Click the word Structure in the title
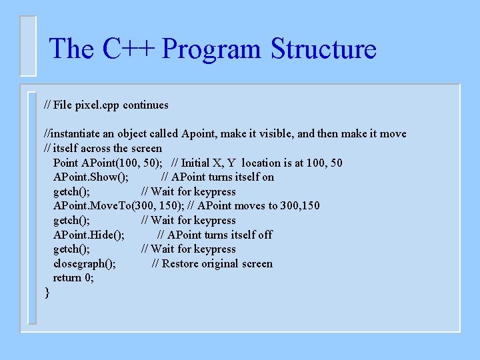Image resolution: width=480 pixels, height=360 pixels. point(323,49)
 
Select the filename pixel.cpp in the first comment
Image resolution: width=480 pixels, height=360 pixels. point(97,105)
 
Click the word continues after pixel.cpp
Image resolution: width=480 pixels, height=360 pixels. point(145,105)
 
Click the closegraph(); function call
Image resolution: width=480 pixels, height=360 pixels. point(85,263)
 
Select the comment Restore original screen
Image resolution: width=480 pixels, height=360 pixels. point(212,263)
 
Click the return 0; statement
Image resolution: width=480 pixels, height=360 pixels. point(73,278)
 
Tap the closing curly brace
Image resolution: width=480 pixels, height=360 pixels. point(47,293)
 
